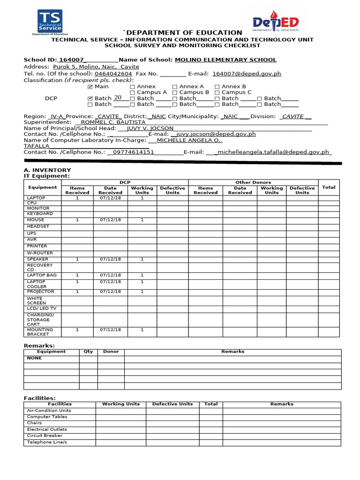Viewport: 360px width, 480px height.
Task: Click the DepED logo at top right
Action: (x=276, y=23)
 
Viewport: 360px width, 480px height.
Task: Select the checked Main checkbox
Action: (x=90, y=87)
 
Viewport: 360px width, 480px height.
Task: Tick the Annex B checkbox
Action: (x=217, y=87)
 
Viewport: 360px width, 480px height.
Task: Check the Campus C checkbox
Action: (x=217, y=93)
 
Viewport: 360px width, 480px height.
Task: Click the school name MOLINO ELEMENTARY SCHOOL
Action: (x=225, y=60)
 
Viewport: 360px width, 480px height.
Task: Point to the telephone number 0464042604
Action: (x=113, y=74)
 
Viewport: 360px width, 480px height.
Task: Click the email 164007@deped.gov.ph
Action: (x=247, y=74)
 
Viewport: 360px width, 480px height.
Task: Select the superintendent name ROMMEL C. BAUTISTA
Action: (x=113, y=122)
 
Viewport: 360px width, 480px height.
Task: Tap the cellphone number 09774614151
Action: (x=131, y=152)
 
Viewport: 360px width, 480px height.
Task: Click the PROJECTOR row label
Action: (x=41, y=292)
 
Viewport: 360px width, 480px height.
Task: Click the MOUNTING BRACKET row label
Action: (x=41, y=332)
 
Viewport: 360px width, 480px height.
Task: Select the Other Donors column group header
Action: (x=253, y=182)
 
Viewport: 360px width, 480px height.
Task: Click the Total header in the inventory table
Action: (x=329, y=187)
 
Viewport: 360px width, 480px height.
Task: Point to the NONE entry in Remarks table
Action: (x=34, y=358)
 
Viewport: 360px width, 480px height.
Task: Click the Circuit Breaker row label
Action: (x=45, y=435)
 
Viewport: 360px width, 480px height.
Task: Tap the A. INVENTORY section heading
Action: (x=47, y=170)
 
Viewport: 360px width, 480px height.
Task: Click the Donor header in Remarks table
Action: (x=111, y=352)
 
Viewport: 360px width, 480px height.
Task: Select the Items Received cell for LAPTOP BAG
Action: (x=77, y=276)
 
